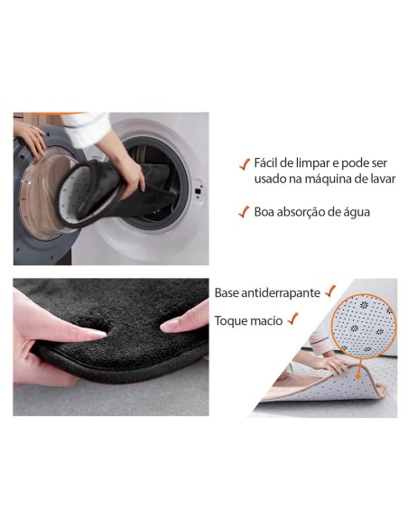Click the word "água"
pos(357,212)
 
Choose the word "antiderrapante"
pos(281,293)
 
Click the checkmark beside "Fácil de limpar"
pos(245,163)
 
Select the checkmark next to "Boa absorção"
pos(244,212)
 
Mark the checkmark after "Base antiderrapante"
pos(330,291)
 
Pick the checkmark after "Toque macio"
pos(293,319)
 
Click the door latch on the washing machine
pos(198,190)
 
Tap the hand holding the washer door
pos(30,138)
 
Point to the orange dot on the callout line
pos(358,377)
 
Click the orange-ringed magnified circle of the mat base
pos(364,326)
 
